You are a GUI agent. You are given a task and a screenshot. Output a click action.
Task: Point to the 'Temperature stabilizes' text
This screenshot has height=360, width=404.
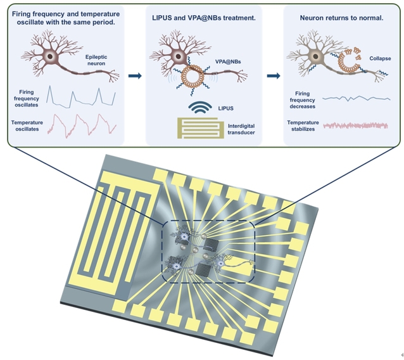tap(302, 126)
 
